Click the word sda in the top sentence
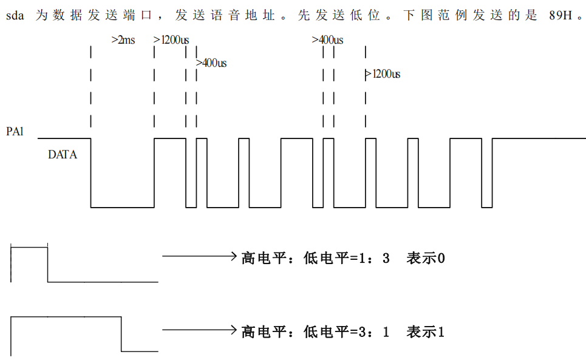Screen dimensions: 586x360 [x=15, y=15]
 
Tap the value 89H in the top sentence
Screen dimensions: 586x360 [x=560, y=15]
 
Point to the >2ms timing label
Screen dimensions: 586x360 [x=123, y=40]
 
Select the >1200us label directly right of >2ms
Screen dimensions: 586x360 [x=171, y=40]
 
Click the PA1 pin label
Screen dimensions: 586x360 [x=15, y=132]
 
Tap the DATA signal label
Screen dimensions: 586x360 [x=63, y=155]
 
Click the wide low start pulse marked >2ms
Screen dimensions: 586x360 [x=123, y=207]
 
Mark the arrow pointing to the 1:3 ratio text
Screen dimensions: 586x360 [x=200, y=256]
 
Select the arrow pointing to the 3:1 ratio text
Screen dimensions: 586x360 [x=200, y=330]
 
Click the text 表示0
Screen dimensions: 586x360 [x=426, y=258]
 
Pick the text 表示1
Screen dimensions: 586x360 [x=426, y=331]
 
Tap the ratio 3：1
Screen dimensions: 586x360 [x=374, y=331]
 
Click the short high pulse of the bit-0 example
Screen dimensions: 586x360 [x=29, y=247]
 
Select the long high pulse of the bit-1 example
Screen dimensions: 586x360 [x=66, y=317]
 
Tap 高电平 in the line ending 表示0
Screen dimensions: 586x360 [x=264, y=258]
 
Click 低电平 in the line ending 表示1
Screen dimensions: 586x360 [x=326, y=331]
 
